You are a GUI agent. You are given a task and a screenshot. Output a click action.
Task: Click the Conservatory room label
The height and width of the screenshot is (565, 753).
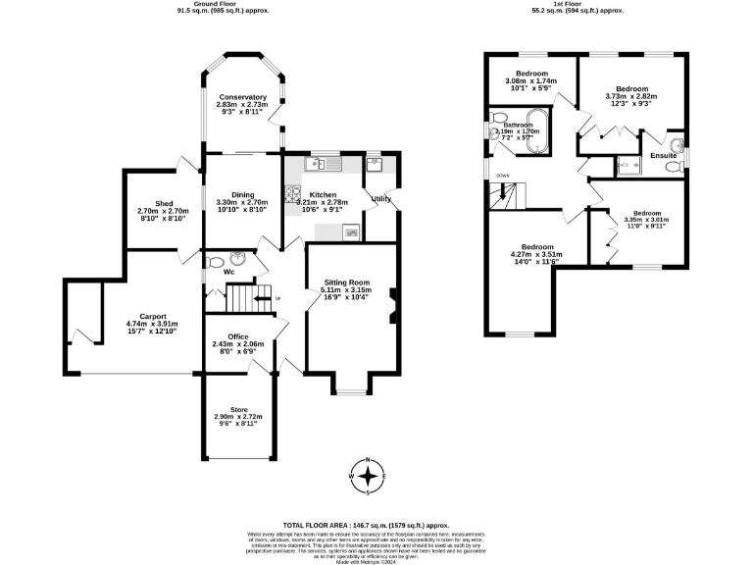243,97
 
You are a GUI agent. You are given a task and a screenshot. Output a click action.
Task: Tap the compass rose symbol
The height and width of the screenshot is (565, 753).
370,477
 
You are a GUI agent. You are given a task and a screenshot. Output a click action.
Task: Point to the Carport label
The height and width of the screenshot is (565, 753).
153,316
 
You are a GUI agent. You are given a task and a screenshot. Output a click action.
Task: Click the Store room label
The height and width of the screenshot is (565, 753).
238,409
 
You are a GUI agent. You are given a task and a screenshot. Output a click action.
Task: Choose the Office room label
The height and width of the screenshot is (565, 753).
238,336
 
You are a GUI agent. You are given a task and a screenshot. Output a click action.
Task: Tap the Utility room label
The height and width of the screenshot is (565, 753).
382,199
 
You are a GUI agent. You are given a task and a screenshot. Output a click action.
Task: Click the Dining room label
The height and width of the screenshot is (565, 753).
242,194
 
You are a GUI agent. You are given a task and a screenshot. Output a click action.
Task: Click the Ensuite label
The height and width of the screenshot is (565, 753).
664,155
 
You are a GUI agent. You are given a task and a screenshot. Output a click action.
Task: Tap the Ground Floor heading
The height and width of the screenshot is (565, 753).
222,5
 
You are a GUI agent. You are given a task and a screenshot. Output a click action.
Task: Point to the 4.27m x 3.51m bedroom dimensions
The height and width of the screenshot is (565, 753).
536,257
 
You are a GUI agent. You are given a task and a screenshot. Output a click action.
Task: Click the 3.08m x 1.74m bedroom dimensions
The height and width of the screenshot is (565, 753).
530,83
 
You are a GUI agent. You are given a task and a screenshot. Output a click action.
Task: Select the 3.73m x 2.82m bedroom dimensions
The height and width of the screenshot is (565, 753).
630,97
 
